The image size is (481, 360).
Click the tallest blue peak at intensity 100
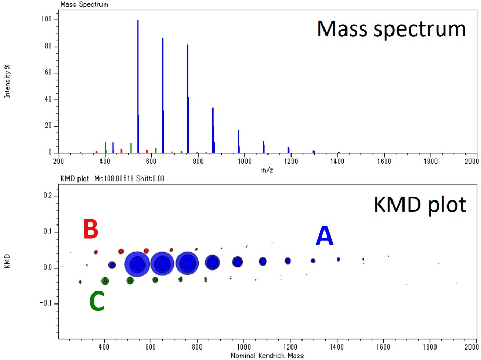[138, 86]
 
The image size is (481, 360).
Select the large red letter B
[91, 229]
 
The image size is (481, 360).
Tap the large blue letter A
[325, 235]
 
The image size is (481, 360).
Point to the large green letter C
[97, 301]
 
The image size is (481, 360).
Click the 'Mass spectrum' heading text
[391, 29]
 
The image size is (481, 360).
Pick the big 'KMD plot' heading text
[420, 205]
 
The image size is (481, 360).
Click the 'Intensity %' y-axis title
[7, 81]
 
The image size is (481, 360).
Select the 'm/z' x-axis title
[267, 170]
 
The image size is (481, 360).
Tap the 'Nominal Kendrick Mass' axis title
[267, 356]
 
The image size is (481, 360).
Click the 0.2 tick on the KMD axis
[49, 196]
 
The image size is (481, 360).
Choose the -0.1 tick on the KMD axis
[47, 303]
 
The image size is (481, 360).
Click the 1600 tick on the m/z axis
[384, 161]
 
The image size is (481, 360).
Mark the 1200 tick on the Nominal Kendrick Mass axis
[290, 347]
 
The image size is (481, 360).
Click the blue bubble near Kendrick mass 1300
[313, 261]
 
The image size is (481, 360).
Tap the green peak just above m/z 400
[106, 147]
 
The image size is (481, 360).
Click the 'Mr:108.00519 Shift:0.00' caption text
[129, 178]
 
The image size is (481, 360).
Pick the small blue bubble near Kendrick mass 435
[112, 265]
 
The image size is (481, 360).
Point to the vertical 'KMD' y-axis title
[7, 261]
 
